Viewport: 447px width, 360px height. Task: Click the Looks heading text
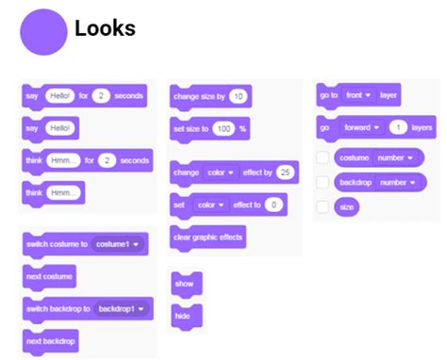point(105,29)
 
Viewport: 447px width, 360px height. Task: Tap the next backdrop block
point(51,339)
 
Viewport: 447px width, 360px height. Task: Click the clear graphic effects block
point(207,237)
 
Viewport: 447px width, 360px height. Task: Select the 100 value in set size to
point(223,127)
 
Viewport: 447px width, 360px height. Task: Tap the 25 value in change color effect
point(285,172)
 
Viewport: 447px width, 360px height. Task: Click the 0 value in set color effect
point(273,204)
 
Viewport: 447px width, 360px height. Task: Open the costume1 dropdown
point(119,244)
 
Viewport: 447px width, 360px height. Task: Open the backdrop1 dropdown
point(124,308)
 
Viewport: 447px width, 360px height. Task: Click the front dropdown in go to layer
point(360,95)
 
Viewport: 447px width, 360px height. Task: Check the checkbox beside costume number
point(323,157)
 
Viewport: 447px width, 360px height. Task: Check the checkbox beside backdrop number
point(323,182)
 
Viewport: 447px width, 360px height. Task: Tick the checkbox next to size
point(323,205)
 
